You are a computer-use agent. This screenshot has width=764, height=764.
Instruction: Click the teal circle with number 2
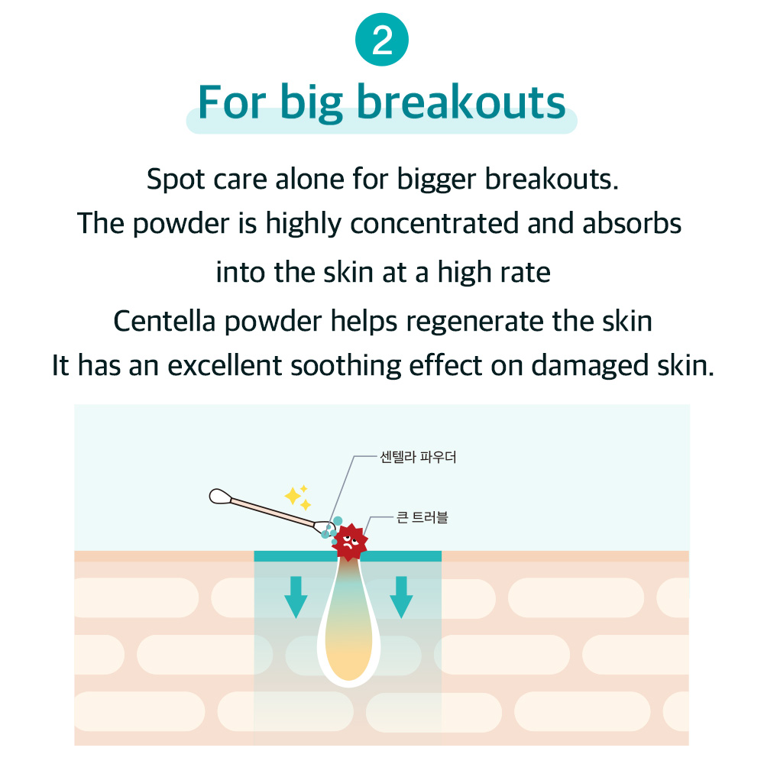pyautogui.click(x=381, y=40)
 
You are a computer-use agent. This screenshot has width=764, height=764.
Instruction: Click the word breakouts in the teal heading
pyautogui.click(x=461, y=102)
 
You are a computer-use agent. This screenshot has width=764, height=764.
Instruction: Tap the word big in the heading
pyautogui.click(x=312, y=103)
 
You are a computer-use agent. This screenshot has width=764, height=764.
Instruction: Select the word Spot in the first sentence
pyautogui.click(x=176, y=180)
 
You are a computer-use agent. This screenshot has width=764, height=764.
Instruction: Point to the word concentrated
pyautogui.click(x=434, y=223)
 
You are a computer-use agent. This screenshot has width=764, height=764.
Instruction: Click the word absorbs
pyautogui.click(x=632, y=223)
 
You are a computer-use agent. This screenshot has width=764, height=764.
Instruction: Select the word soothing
pyautogui.click(x=345, y=366)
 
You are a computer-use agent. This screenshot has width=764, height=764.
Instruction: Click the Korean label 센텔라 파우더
pyautogui.click(x=418, y=457)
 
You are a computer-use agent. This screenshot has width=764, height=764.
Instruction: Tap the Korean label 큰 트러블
pyautogui.click(x=422, y=517)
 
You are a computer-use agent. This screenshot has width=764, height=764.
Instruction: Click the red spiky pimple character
pyautogui.click(x=349, y=542)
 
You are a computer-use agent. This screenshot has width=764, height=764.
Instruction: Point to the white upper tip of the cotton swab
pyautogui.click(x=220, y=497)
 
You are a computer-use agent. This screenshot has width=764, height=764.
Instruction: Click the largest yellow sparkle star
pyautogui.click(x=293, y=497)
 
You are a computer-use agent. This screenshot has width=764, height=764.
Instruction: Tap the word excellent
pyautogui.click(x=225, y=366)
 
